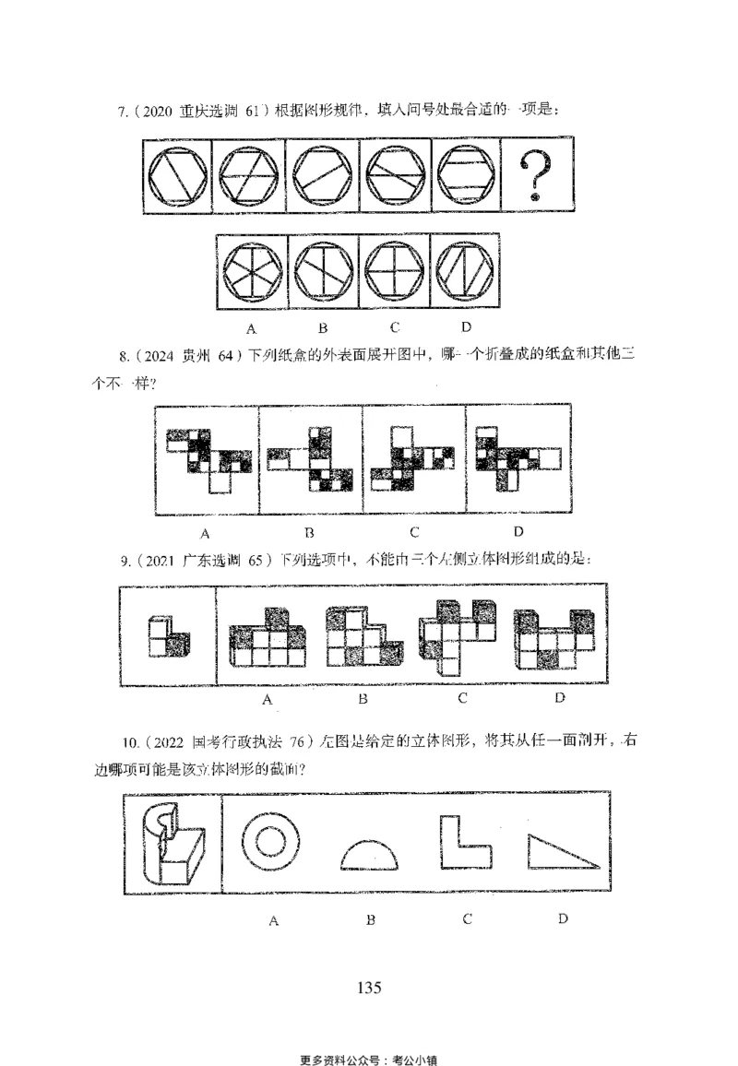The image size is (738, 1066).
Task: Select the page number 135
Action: [368, 987]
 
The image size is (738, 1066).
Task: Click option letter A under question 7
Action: [250, 327]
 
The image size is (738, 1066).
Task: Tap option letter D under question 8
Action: [518, 531]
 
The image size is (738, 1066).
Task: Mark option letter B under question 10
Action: [370, 920]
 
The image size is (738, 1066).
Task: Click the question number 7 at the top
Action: [122, 112]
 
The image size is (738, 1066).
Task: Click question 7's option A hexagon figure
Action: [251, 274]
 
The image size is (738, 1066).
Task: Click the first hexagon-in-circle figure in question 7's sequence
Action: [178, 175]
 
